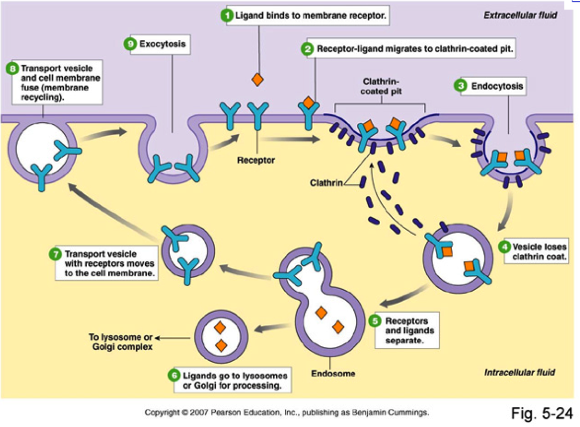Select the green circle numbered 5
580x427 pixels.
375,321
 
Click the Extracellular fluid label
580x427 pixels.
520,15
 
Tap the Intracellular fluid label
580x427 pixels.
519,372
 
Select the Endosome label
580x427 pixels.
333,373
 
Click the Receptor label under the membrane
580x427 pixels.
256,160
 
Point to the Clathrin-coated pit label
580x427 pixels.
380,86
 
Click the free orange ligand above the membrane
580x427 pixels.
258,80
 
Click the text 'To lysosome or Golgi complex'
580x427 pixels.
121,342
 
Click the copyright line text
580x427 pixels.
287,412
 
